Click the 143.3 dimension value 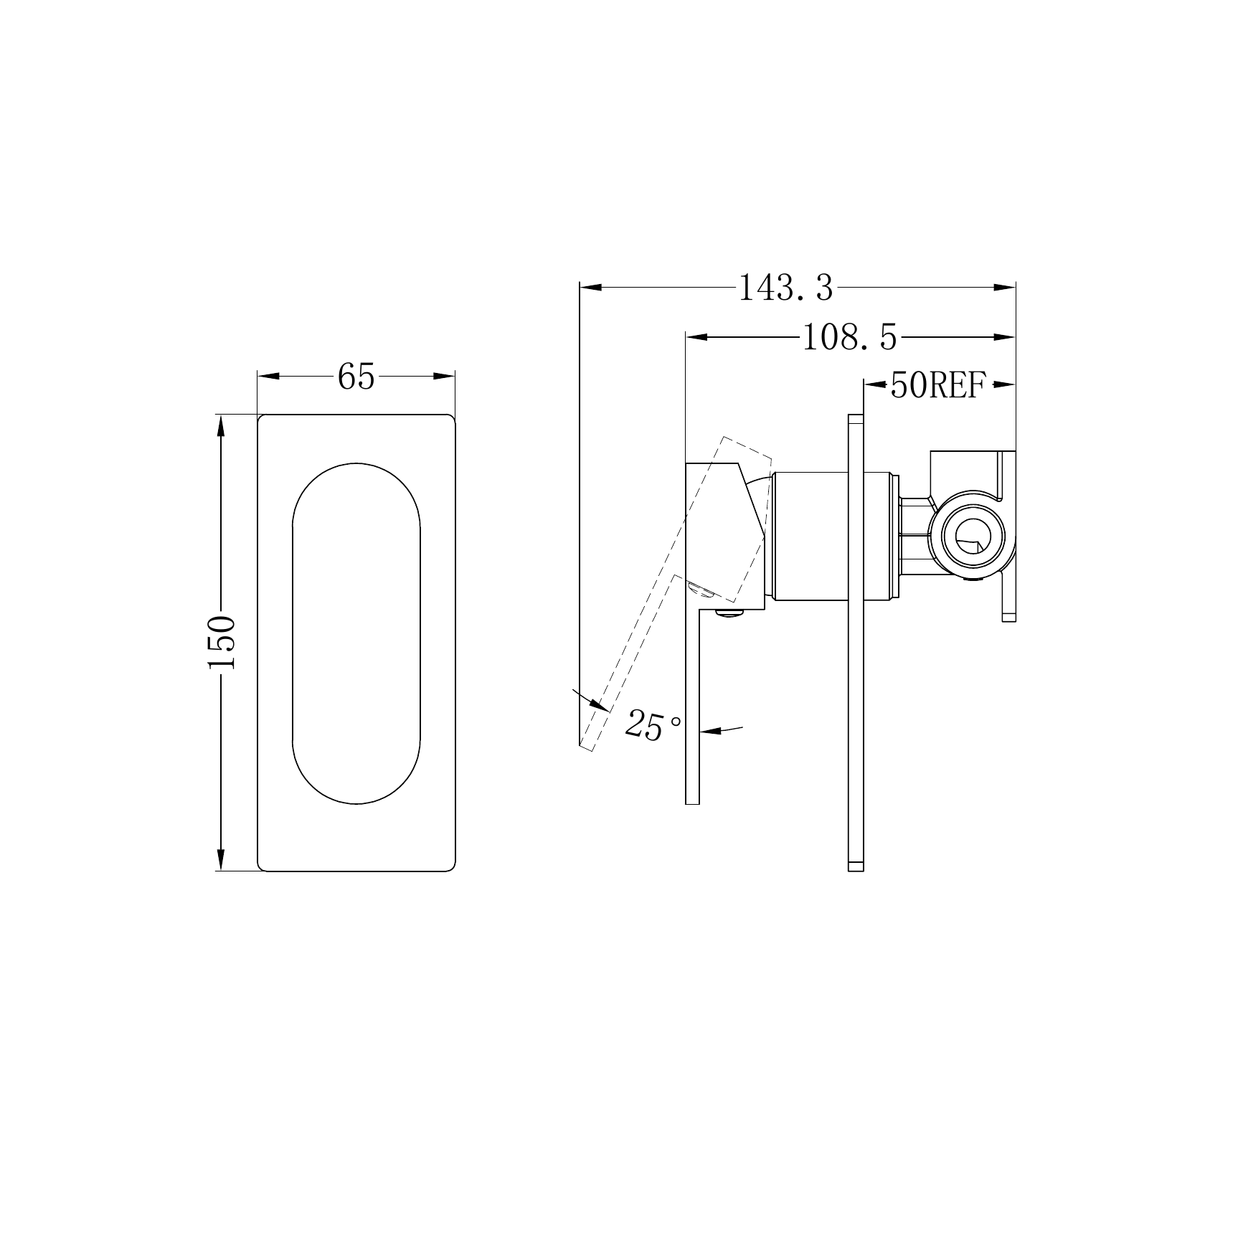point(786,288)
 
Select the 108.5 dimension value point(849,337)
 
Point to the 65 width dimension point(356,376)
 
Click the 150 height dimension point(222,642)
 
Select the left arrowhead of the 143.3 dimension point(590,288)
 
